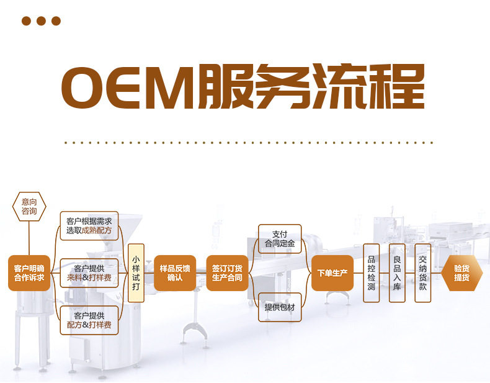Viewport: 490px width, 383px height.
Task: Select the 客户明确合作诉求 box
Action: pos(29,273)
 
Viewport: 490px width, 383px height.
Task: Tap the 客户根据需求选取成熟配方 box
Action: pos(89,226)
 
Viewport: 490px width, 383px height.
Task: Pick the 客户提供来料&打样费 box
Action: pos(89,273)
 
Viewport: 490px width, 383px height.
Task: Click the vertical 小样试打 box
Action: pos(136,273)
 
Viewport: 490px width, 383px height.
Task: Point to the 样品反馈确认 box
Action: pos(175,273)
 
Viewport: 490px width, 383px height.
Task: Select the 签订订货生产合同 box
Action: pos(227,273)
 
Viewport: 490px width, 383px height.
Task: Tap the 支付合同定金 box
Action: pos(280,239)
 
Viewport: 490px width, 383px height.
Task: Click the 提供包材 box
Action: pos(280,307)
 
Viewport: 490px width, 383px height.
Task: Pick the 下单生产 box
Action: pos(332,273)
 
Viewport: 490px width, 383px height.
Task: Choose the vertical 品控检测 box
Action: pos(372,273)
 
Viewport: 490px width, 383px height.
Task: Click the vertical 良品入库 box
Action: pos(397,273)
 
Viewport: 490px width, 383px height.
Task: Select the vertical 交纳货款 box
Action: pos(422,273)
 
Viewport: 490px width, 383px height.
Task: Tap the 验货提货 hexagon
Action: pos(461,273)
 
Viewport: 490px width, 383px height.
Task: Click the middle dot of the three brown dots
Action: pos(42,21)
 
